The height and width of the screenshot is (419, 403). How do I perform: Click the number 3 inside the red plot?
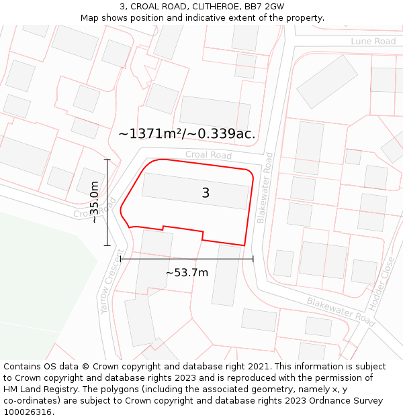(206, 193)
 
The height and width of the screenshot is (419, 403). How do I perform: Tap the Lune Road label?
(373, 42)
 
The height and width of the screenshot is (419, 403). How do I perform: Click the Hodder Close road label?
(387, 280)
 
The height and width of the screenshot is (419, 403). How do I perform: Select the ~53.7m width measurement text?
(187, 272)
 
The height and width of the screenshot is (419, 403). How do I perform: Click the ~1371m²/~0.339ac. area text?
(187, 133)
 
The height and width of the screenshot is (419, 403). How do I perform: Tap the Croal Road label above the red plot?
(208, 155)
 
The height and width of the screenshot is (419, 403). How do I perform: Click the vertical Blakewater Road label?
(265, 188)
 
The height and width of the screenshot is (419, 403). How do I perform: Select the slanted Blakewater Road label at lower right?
(341, 311)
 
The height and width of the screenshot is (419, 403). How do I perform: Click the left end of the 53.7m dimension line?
(121, 258)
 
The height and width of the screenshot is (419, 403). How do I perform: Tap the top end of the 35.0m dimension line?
(107, 160)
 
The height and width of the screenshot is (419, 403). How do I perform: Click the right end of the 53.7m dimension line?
(253, 258)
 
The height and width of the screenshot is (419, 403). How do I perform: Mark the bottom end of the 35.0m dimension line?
(107, 245)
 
